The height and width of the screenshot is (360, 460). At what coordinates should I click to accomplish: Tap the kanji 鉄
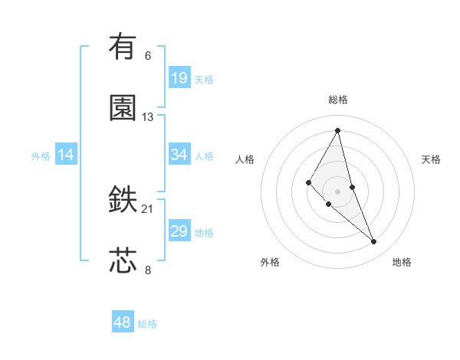click(123, 199)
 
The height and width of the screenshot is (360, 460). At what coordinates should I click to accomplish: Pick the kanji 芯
click(123, 260)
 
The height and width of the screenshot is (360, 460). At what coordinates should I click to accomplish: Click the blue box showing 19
click(179, 77)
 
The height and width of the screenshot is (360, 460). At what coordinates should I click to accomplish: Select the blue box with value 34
click(179, 155)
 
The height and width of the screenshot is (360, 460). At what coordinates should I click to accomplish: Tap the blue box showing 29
click(179, 231)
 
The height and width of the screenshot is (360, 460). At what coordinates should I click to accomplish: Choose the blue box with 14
click(66, 155)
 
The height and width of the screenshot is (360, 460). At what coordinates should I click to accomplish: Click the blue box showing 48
click(123, 322)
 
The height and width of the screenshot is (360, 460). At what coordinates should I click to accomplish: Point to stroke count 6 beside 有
click(148, 55)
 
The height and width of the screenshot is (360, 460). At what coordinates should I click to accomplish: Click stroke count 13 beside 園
click(148, 117)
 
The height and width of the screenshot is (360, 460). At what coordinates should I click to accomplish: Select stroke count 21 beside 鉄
click(148, 208)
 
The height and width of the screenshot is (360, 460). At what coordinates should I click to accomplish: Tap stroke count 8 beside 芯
click(148, 270)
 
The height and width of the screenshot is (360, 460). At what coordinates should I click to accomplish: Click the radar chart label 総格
click(338, 100)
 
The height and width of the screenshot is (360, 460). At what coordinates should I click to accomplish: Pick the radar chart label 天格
click(432, 159)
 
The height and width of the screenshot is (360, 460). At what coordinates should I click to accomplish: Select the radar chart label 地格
click(402, 262)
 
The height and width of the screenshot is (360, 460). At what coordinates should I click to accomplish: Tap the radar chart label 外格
click(270, 262)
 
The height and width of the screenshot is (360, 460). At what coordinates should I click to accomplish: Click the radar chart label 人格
click(245, 159)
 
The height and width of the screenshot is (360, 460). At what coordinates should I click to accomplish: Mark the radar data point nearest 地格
click(374, 242)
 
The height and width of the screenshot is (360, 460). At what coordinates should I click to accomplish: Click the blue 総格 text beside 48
click(147, 324)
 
